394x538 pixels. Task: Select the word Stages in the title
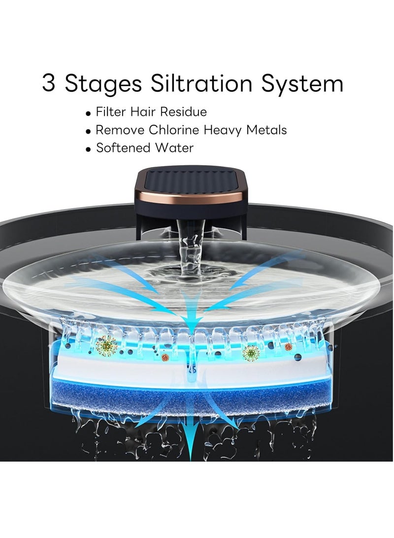point(103,85)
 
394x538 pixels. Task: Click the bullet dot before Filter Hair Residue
point(89,113)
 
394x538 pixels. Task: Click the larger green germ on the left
point(106,346)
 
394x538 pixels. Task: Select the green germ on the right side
point(251,353)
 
